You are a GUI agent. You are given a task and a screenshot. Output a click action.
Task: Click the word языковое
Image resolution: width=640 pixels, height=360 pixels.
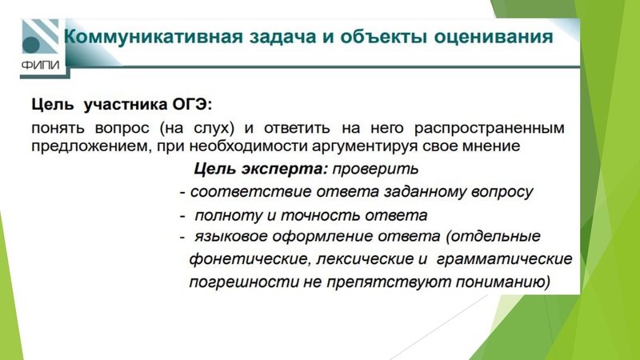point(231,238)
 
